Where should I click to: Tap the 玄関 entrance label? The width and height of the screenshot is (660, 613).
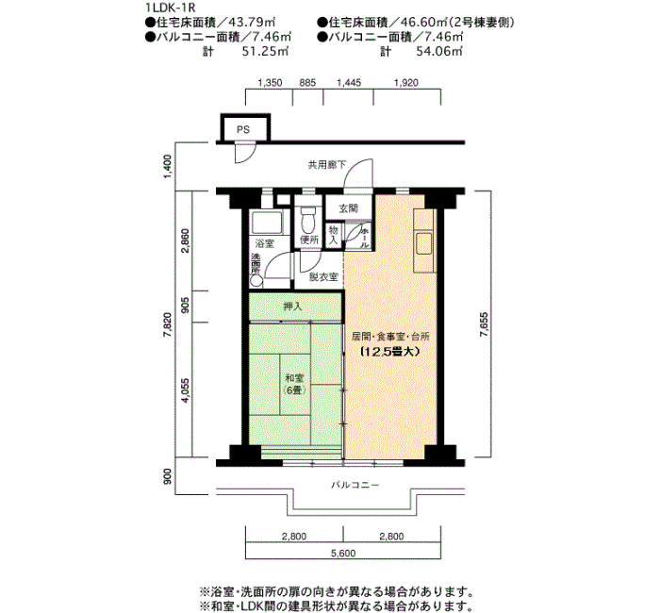349,208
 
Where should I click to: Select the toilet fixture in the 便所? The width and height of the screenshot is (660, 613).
309,220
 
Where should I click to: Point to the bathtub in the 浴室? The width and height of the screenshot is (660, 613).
267,223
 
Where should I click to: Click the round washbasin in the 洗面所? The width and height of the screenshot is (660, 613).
256,281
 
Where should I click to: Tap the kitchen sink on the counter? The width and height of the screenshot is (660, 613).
424,243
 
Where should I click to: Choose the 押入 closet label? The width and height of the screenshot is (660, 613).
292,306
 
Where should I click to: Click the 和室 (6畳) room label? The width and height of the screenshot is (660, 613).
294,384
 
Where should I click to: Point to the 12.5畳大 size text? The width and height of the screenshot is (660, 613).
390,352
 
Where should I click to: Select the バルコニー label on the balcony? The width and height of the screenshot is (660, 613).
355,485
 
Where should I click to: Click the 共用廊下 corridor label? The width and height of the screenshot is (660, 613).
326,165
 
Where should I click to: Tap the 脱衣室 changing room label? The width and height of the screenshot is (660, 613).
323,276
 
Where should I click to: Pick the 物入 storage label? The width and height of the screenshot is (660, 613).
334,236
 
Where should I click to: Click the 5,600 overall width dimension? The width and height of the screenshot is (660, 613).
343,553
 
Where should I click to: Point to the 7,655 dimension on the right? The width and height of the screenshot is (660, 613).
483,323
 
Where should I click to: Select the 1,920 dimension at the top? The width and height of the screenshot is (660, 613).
406,83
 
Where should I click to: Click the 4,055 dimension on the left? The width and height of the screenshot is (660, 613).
185,391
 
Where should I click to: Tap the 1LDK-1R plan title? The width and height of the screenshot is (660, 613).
171,8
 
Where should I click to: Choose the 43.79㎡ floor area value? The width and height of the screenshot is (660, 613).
258,23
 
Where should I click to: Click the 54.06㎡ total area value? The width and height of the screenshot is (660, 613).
439,51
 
